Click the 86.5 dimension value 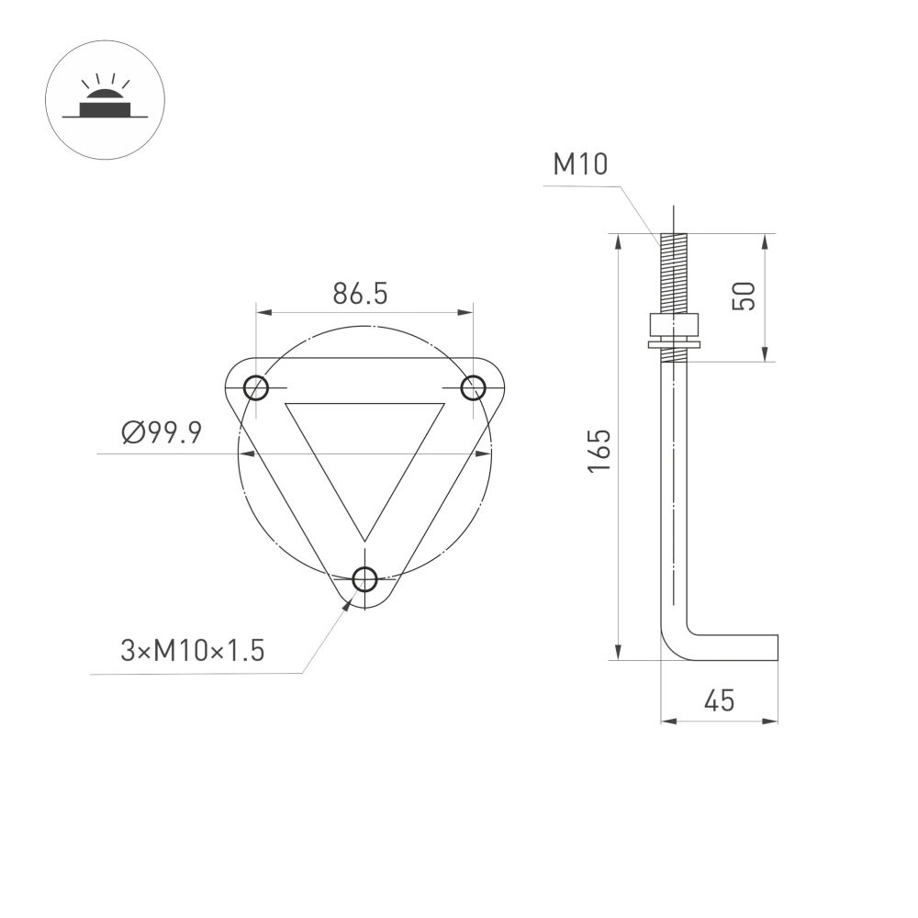[x=361, y=294]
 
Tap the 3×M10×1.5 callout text [x=192, y=651]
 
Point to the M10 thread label [x=580, y=165]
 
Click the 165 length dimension [x=599, y=451]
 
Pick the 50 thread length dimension [x=744, y=296]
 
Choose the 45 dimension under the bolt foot [x=719, y=701]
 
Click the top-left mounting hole [x=256, y=387]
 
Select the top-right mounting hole [x=473, y=387]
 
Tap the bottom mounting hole [x=364, y=579]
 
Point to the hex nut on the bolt [x=673, y=326]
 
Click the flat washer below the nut [x=673, y=344]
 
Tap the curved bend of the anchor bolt [x=672, y=643]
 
